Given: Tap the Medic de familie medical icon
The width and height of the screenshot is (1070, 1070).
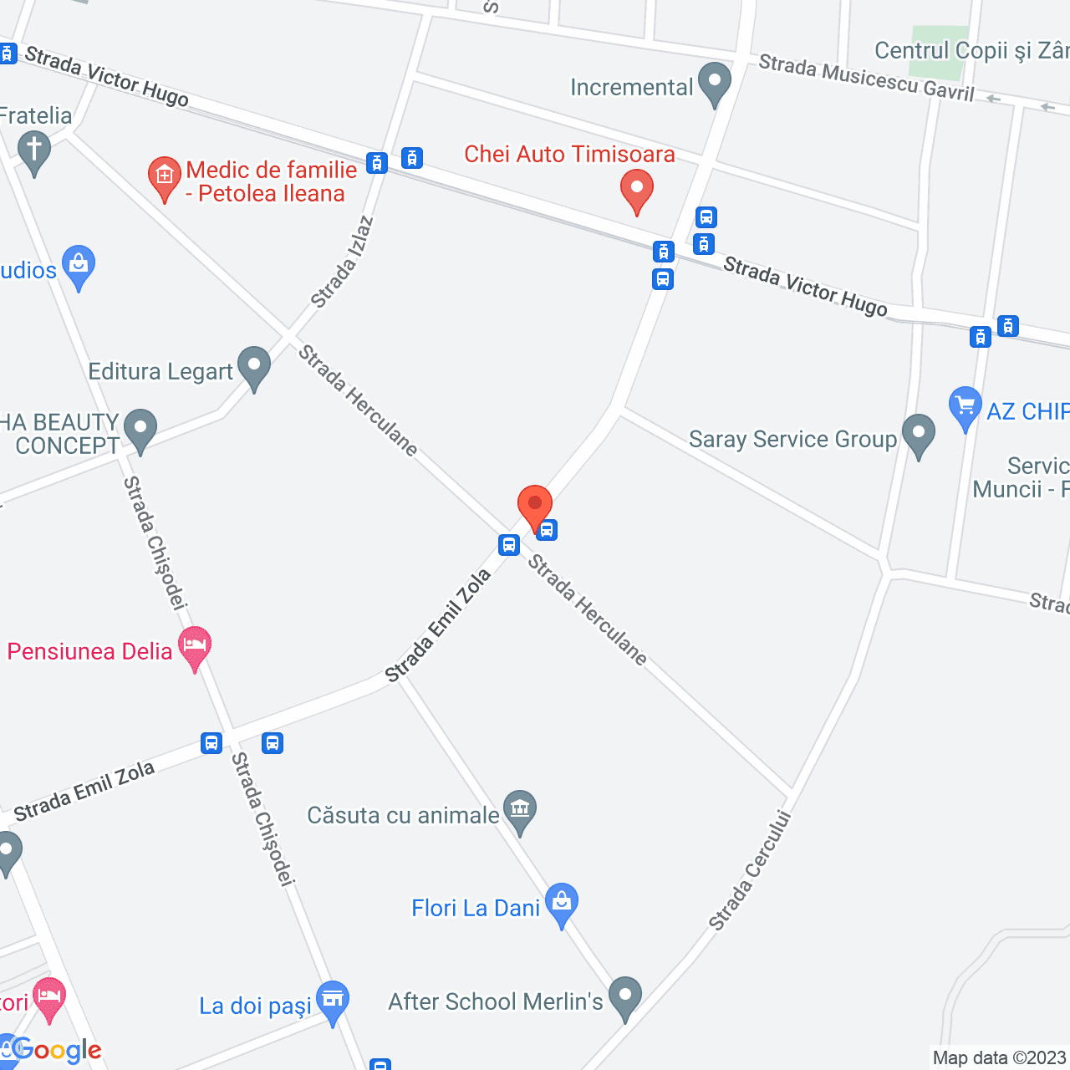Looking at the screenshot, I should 164,177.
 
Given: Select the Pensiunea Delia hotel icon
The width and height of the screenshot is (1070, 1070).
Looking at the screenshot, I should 195,647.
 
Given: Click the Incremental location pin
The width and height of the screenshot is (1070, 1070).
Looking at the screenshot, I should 714,83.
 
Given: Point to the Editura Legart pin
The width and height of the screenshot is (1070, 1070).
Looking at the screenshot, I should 253,366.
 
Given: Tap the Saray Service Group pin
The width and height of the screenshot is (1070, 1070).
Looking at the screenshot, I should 919,435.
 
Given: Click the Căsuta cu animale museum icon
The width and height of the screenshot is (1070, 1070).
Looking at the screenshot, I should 520,810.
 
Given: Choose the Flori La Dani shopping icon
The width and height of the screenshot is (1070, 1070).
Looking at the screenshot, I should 561,903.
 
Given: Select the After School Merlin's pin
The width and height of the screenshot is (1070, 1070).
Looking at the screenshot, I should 624,996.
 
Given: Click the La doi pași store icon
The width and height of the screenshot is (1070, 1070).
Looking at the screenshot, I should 333,1000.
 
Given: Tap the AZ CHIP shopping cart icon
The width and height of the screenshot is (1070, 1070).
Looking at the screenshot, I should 966,406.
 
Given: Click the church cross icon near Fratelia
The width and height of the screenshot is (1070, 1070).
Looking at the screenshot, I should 34,151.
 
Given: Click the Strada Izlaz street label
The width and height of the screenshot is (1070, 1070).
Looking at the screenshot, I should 342,262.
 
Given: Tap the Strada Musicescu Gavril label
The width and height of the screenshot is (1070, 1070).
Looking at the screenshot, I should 866,78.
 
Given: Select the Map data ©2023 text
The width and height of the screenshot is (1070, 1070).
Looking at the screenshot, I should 999,1058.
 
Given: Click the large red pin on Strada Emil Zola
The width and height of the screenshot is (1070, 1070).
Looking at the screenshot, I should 535,505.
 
